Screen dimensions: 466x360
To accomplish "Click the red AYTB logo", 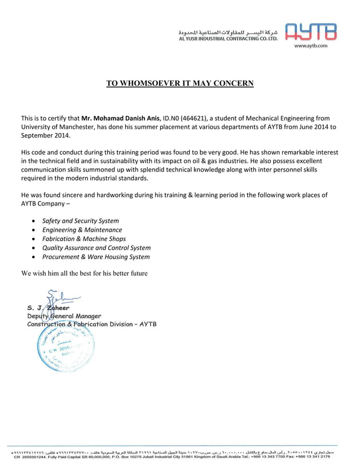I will pos(311,32).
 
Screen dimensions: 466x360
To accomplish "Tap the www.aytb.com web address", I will pos(311,45).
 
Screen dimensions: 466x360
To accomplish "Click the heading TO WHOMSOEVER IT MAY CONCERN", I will pos(180,83).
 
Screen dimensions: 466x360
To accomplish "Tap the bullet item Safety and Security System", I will pos(81,221).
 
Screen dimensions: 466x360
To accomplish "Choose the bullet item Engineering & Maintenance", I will pos(82,230).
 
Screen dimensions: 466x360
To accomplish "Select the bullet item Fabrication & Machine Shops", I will pos(84,239).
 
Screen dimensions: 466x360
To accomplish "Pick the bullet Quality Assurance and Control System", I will pos(96,248).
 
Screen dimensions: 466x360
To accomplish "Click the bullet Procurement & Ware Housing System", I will pos(96,257).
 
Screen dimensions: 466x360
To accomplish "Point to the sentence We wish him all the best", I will pos(84,274).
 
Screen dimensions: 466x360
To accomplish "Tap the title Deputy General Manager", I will pos(64,316).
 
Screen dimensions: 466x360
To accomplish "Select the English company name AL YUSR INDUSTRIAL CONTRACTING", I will pos(228,39).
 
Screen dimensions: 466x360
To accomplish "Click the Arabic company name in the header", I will pos(228,32).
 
